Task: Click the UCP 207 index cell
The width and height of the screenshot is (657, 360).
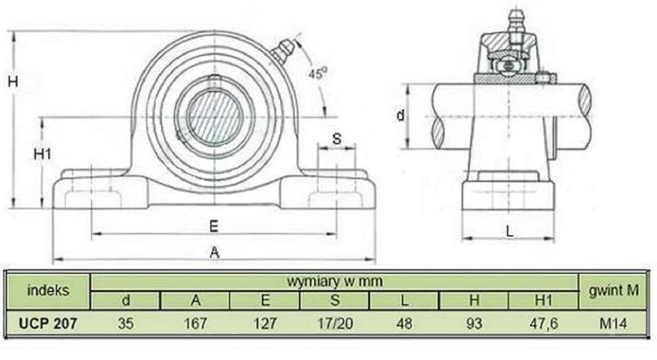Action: [x=47, y=323]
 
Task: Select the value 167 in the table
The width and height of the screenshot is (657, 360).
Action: [x=195, y=323]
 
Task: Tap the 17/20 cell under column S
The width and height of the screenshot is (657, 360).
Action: [x=335, y=323]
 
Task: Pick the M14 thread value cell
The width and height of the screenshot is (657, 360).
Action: [x=613, y=323]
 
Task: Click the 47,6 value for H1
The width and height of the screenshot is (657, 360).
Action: [x=543, y=323]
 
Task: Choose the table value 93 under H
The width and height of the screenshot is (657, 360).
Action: [x=474, y=323]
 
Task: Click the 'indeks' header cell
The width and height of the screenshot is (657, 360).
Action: [x=47, y=290]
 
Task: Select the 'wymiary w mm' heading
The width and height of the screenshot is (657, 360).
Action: [x=334, y=281]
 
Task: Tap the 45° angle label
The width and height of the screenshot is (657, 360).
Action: [x=317, y=73]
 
